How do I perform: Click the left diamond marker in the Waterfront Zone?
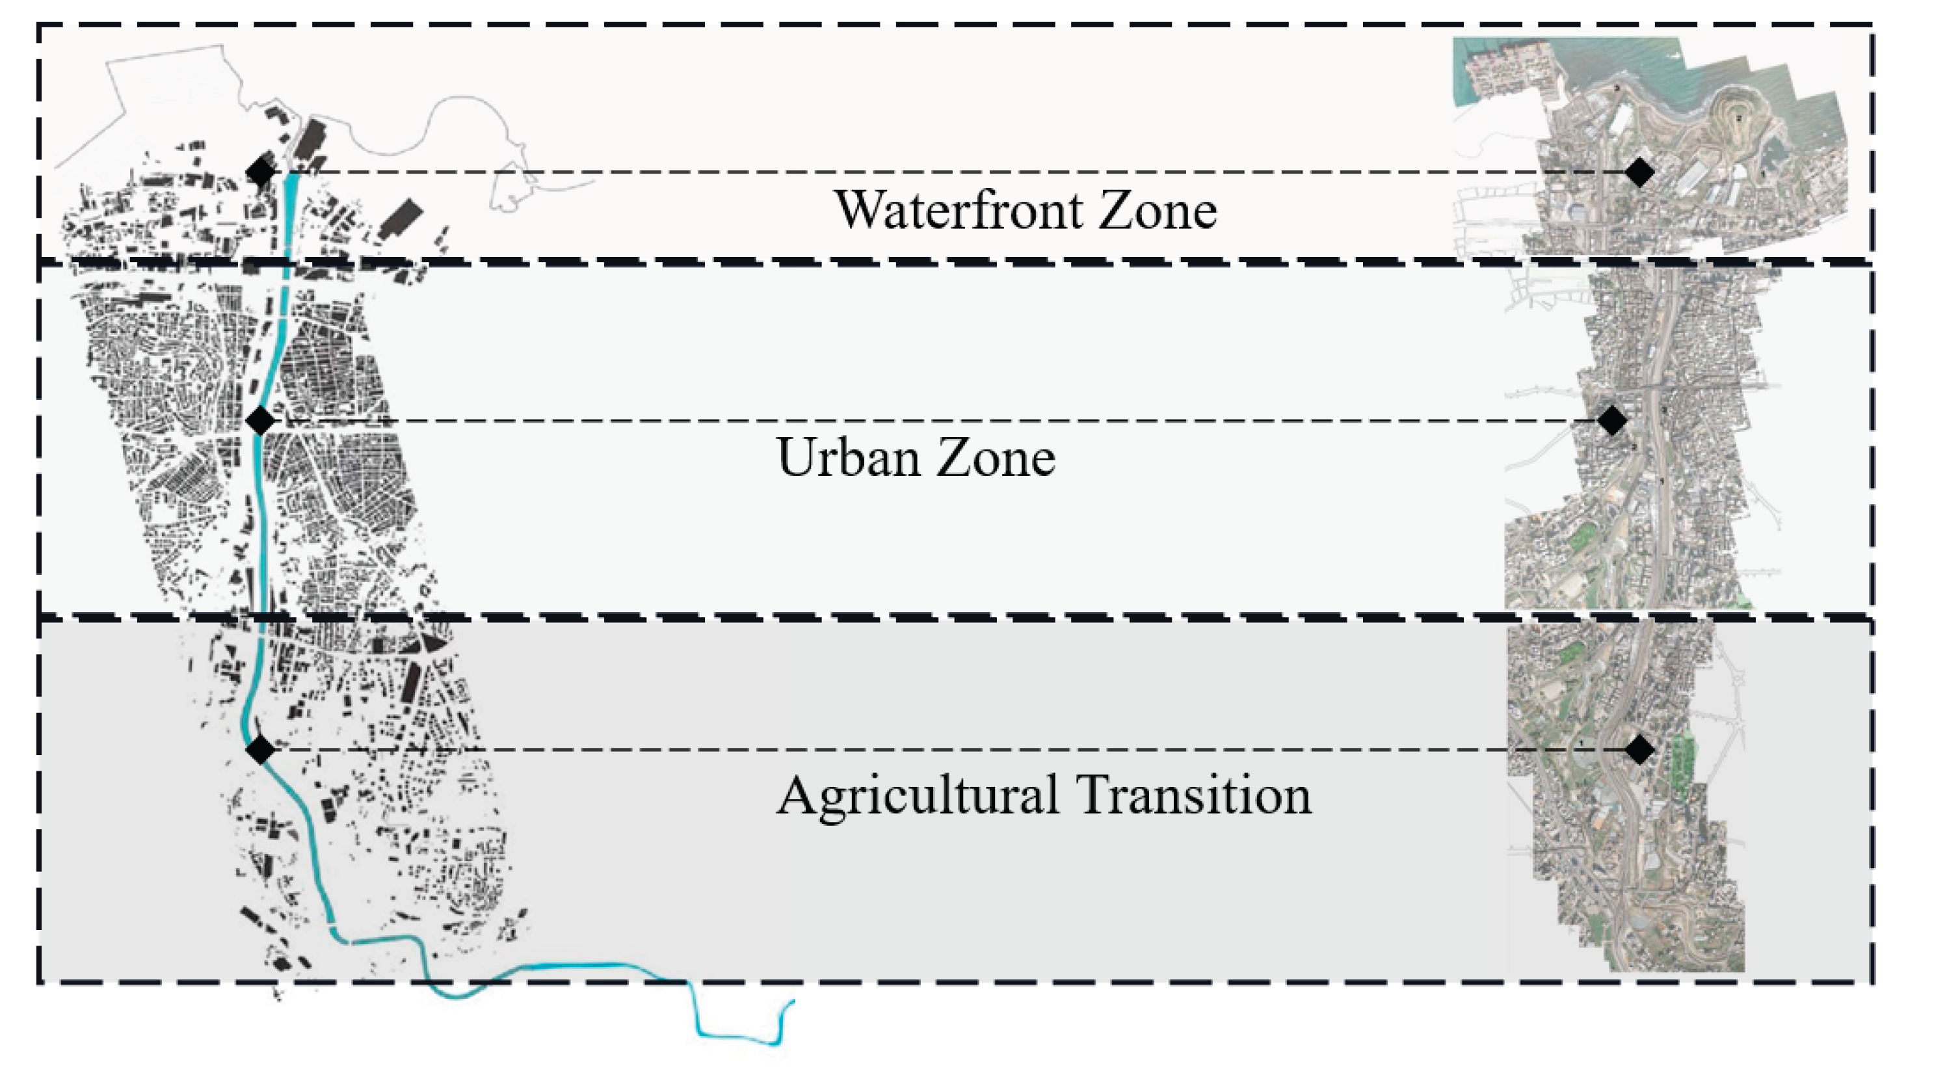click(261, 172)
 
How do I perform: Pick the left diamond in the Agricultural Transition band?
click(261, 749)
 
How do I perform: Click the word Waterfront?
click(959, 209)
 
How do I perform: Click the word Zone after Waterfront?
click(1158, 209)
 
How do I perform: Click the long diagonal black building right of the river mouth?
click(401, 217)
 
